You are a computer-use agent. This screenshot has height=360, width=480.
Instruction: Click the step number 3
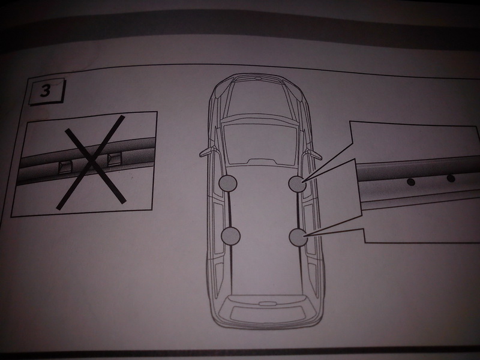click(45, 91)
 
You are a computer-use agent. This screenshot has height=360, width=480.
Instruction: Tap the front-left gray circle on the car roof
click(228, 183)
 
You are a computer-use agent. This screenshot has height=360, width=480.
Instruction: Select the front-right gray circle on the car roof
click(298, 184)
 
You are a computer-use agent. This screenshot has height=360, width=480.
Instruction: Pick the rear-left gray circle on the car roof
click(230, 235)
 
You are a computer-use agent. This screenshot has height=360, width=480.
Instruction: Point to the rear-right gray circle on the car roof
click(298, 237)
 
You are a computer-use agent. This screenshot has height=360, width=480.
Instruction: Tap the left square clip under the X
click(65, 166)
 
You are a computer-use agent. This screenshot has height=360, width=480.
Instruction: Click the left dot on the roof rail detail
click(411, 182)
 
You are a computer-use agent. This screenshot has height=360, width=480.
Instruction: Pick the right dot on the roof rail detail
click(451, 178)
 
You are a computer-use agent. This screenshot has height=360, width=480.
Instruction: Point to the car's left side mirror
click(206, 152)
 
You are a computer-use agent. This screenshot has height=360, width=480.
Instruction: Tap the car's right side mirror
click(314, 154)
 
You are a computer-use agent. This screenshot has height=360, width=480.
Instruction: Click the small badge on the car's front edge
click(258, 79)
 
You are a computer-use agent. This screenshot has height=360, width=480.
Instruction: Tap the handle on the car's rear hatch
click(267, 304)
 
